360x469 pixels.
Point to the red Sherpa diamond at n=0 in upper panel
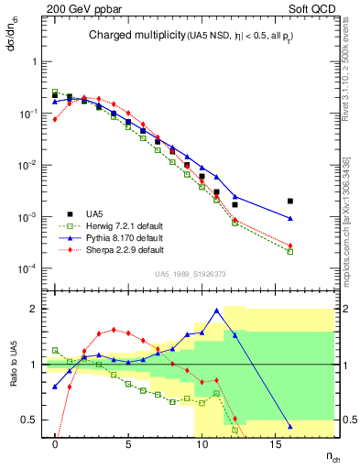(55, 119)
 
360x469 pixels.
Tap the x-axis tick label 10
(202, 444)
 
